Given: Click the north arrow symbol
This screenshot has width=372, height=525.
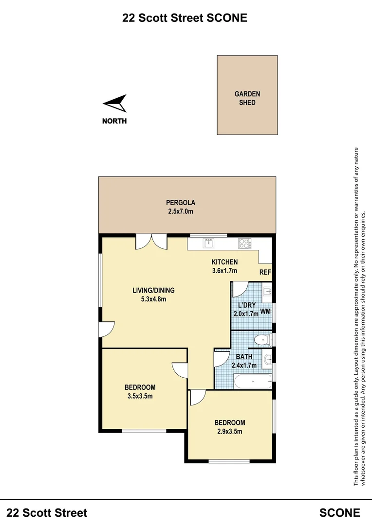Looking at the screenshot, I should (x=115, y=104).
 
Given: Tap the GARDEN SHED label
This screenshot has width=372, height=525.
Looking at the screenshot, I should (x=247, y=98).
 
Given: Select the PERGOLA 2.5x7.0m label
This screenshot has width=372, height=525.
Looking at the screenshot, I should (x=177, y=207).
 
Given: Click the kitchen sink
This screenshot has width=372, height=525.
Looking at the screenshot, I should (x=210, y=243).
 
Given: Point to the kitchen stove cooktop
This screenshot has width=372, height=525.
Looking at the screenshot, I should (x=244, y=243).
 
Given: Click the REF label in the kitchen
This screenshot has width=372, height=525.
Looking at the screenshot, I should (x=265, y=273).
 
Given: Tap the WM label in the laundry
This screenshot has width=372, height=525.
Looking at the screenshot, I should (x=265, y=311).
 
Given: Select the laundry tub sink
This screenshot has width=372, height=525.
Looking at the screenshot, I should (x=266, y=292).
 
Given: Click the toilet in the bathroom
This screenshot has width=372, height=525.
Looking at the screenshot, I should (x=262, y=340).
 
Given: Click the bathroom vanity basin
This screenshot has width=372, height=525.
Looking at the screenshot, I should (x=267, y=360).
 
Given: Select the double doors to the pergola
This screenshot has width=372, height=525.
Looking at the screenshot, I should (x=151, y=242).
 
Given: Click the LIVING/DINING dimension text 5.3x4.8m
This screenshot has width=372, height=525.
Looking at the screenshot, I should (x=153, y=299).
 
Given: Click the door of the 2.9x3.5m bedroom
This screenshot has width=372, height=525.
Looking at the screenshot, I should (x=197, y=398).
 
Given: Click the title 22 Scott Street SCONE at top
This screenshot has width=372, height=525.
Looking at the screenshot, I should (x=185, y=18).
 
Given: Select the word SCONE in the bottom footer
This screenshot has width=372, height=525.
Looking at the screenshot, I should (x=339, y=512).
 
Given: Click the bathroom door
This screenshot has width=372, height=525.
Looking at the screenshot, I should (x=221, y=359).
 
